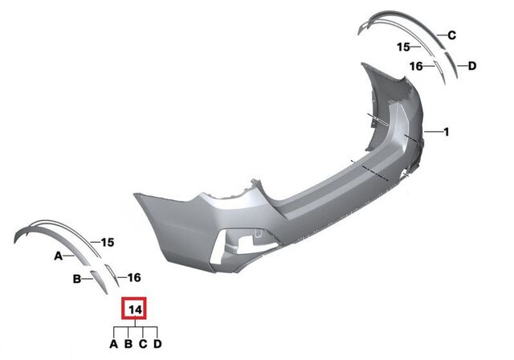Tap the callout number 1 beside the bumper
pos(447,131)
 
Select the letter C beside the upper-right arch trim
pos(452,35)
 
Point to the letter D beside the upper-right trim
pos(472,66)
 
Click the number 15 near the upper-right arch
pos(404,47)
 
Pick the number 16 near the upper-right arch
pos(416,66)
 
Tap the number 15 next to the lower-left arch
pos(108,242)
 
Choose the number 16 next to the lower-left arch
pos(133,277)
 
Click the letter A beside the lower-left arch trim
pos(58,256)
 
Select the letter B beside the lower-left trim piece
pos(77,280)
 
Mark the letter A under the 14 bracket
pos(113,345)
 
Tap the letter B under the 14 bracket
pos(128,345)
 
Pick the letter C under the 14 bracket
pos(142,345)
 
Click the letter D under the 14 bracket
pos(157,345)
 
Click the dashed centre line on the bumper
pos(377,170)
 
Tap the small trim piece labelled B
pos(97,278)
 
